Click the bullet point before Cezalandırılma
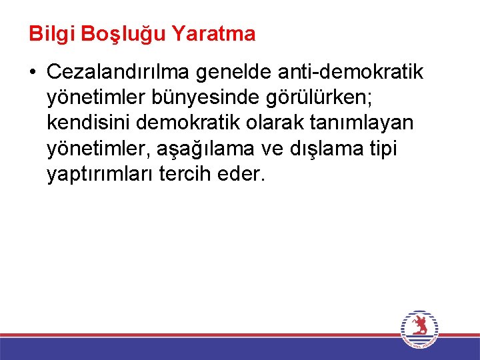33,72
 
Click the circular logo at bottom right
419,329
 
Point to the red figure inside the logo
419,327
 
